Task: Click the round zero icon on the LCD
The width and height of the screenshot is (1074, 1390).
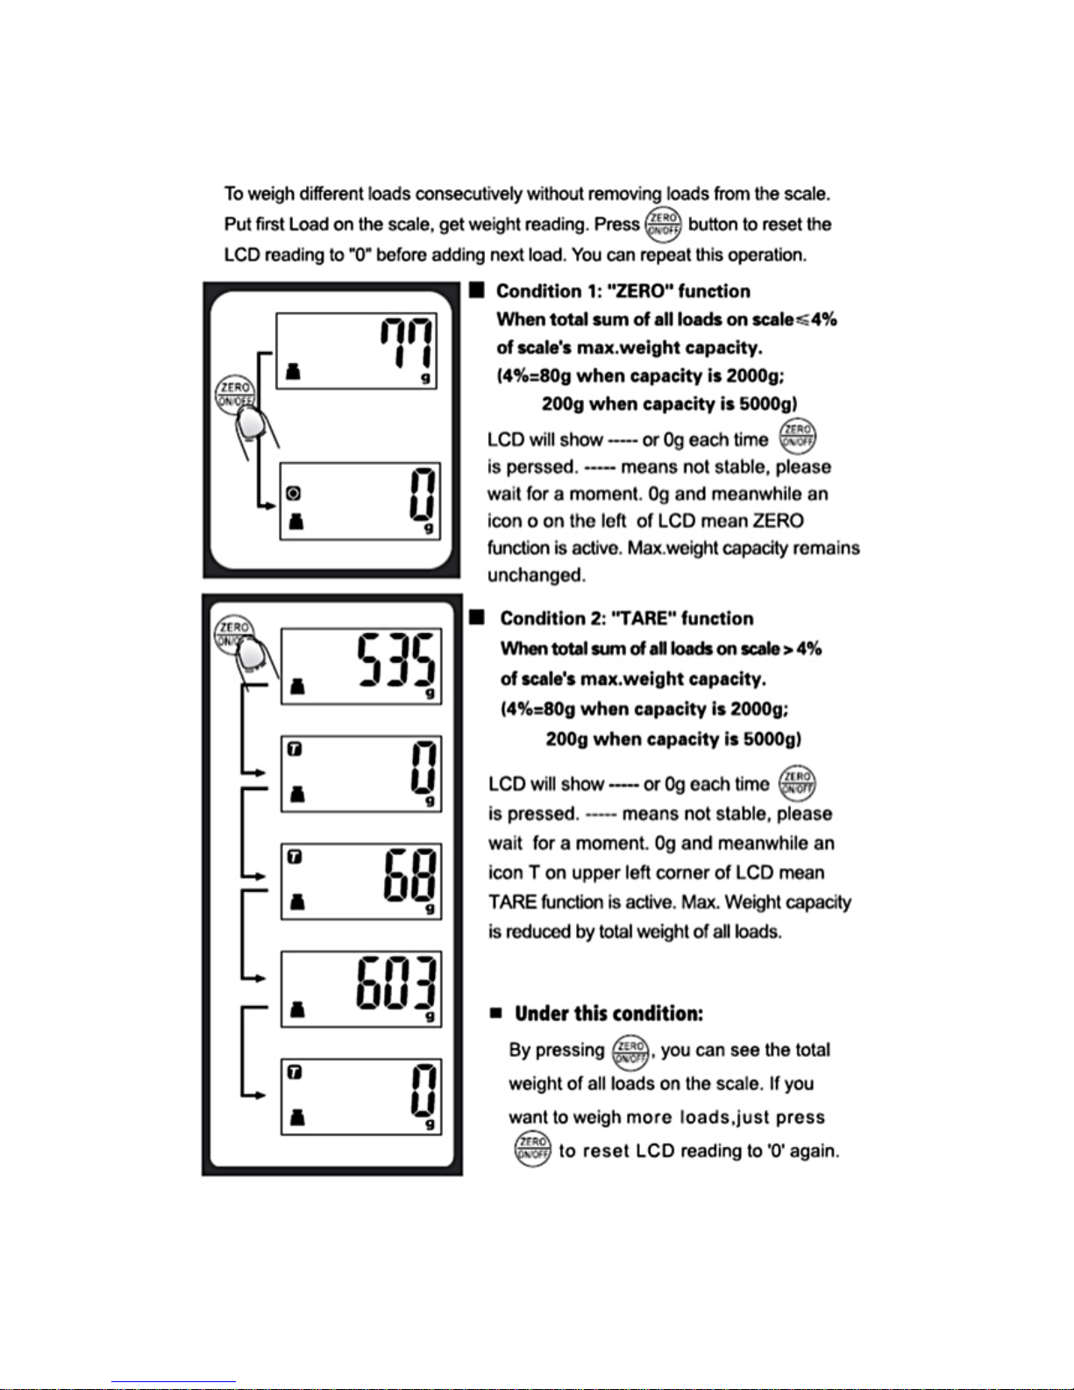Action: (294, 495)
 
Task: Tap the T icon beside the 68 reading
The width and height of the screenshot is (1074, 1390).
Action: (295, 857)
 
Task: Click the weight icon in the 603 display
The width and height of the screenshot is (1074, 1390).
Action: (297, 1010)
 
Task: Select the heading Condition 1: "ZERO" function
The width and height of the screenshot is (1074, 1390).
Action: (622, 291)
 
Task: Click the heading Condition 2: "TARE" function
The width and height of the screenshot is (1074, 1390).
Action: (626, 618)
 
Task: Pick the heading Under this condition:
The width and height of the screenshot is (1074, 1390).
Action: (608, 1014)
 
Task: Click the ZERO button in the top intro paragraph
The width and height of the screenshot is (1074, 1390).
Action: (663, 225)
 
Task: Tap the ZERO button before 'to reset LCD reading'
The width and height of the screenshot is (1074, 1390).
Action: (532, 1149)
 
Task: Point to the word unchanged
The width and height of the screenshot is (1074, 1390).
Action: (536, 575)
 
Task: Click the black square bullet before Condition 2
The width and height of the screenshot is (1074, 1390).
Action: (477, 617)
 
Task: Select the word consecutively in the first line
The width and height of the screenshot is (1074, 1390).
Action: (469, 193)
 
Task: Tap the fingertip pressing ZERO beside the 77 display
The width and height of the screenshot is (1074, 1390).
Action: (251, 425)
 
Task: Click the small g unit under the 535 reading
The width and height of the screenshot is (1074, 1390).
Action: (430, 694)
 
